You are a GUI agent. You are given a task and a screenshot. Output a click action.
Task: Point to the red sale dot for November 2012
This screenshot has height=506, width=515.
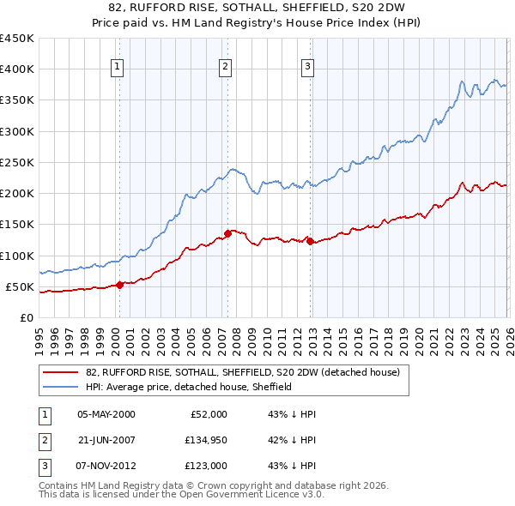[310, 241]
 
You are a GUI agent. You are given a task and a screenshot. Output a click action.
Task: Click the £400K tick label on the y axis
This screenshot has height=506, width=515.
[17, 69]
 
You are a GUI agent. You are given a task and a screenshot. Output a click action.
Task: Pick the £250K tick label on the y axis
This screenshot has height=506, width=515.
[17, 162]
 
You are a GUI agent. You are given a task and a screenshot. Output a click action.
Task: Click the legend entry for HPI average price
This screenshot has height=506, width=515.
[189, 387]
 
